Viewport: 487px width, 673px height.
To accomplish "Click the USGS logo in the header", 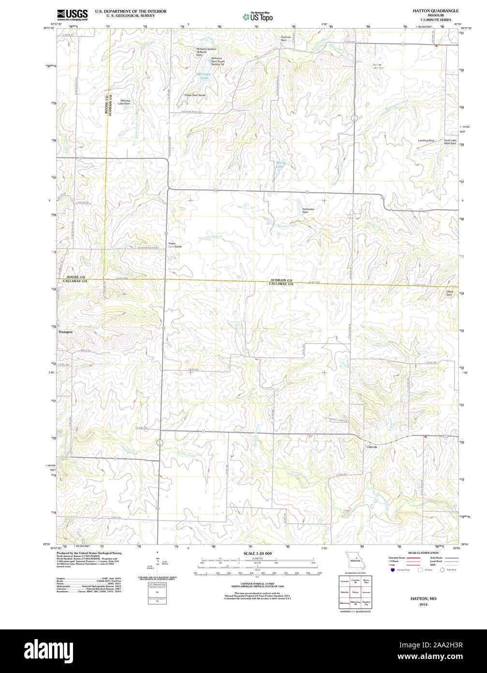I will tap(73, 15).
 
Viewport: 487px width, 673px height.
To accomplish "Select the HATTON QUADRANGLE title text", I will tap(435, 10).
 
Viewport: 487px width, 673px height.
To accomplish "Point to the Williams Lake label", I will tap(204, 75).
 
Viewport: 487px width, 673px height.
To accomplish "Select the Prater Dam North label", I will tap(195, 95).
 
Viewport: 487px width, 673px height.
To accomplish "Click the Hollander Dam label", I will tap(308, 211).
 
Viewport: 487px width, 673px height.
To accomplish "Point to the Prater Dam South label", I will tap(175, 245).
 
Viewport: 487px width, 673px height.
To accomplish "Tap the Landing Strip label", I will tap(426, 140).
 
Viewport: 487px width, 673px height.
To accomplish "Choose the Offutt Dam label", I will tap(449, 293).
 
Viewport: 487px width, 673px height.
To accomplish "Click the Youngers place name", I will tap(65, 332).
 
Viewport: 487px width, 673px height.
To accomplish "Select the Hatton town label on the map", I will tap(371, 446).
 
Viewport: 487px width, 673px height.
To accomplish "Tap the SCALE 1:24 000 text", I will tap(257, 553).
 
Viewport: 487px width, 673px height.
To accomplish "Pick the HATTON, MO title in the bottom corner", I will tap(423, 599).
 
